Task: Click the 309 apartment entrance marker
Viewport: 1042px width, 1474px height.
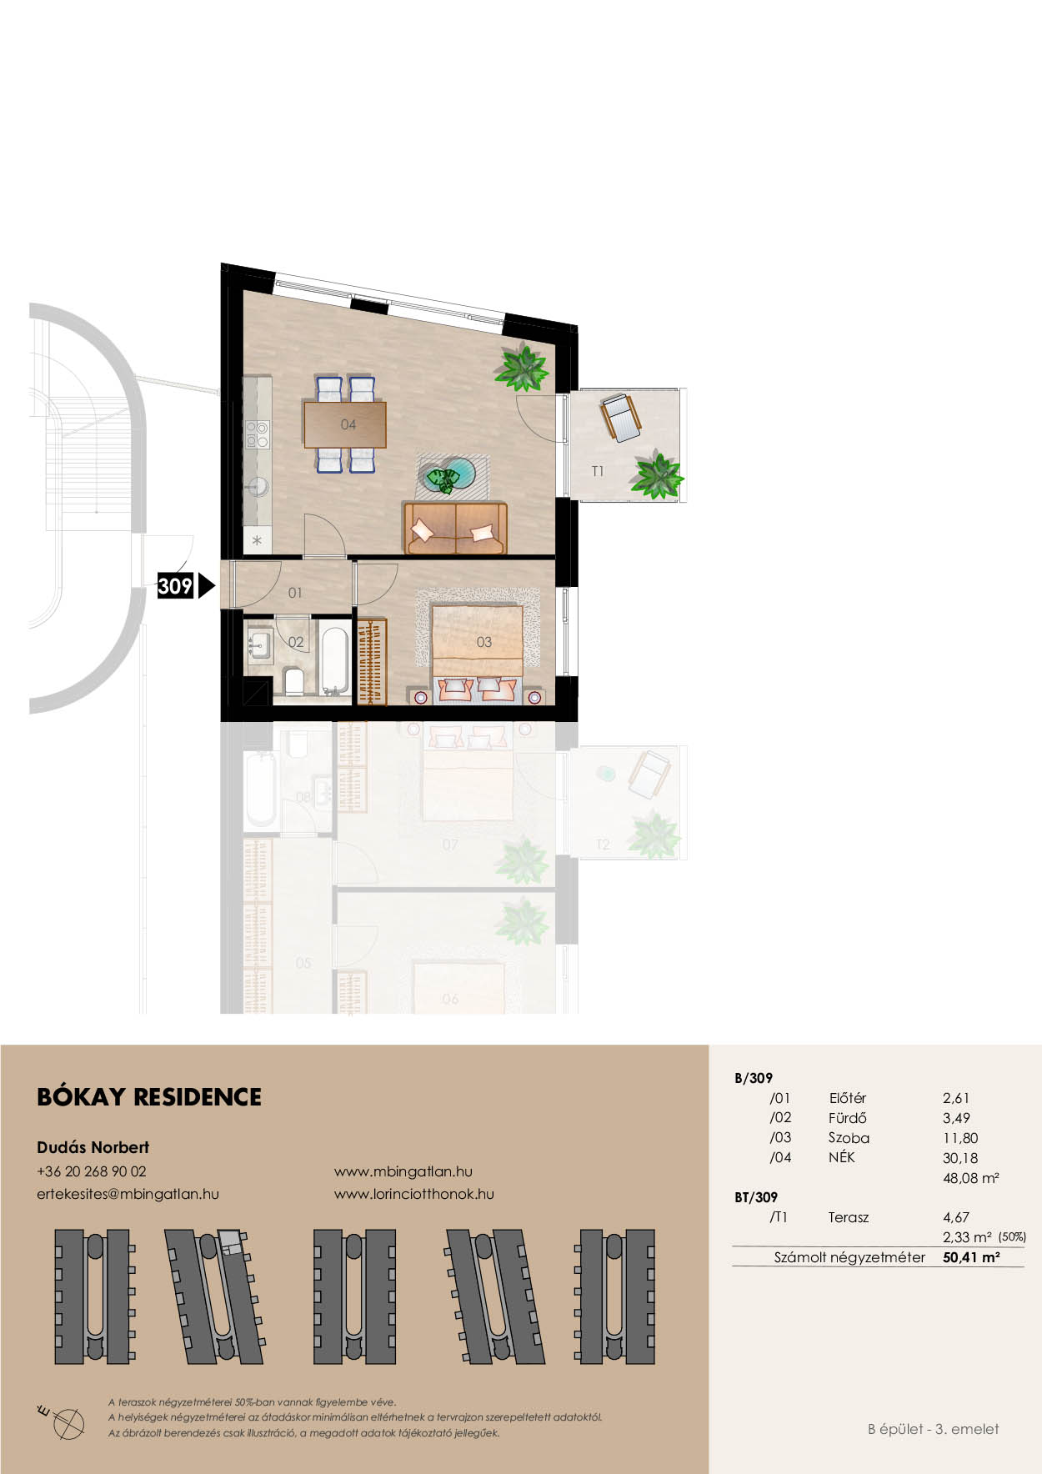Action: (185, 586)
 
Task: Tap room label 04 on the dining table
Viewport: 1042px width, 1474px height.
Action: (348, 424)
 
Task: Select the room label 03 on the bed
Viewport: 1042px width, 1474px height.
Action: (484, 642)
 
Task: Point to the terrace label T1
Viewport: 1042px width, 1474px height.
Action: (598, 472)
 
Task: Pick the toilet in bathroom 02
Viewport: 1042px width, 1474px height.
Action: (294, 681)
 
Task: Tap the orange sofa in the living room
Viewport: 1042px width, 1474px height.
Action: (455, 529)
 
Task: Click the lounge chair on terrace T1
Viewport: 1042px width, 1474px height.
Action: (620, 417)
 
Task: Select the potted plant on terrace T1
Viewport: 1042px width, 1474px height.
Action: (658, 474)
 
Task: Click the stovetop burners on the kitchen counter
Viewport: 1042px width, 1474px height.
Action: (257, 434)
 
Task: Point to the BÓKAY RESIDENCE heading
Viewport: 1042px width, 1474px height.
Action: (149, 1097)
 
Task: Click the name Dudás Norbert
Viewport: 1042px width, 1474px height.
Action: (93, 1147)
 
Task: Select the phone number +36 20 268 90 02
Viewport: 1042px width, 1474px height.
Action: (92, 1171)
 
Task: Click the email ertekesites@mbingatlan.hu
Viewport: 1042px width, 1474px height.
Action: (128, 1194)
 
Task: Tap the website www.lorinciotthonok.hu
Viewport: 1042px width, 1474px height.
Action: (414, 1194)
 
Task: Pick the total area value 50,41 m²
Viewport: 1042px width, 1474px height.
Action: (971, 1257)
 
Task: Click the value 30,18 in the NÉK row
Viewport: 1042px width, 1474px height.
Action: (960, 1158)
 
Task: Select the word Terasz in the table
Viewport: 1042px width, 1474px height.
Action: (849, 1217)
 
